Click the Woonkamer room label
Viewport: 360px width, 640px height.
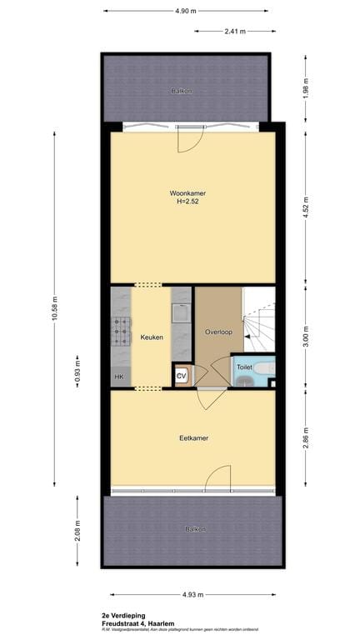coord(191,193)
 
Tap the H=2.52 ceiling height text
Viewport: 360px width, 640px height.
coord(191,202)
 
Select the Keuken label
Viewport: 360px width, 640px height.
coord(151,337)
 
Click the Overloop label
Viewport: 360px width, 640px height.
coord(218,332)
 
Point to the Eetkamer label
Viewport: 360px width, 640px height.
coord(193,437)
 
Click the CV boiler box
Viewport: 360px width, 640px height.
coord(181,377)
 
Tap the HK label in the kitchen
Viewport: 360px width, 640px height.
coord(118,377)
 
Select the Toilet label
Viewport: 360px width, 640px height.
coord(244,367)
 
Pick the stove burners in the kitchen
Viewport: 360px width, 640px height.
coord(122,331)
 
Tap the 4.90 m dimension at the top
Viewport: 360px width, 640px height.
coord(186,11)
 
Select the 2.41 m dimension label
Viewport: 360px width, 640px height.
coord(235,32)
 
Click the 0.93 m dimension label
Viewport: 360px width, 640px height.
coord(78,367)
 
